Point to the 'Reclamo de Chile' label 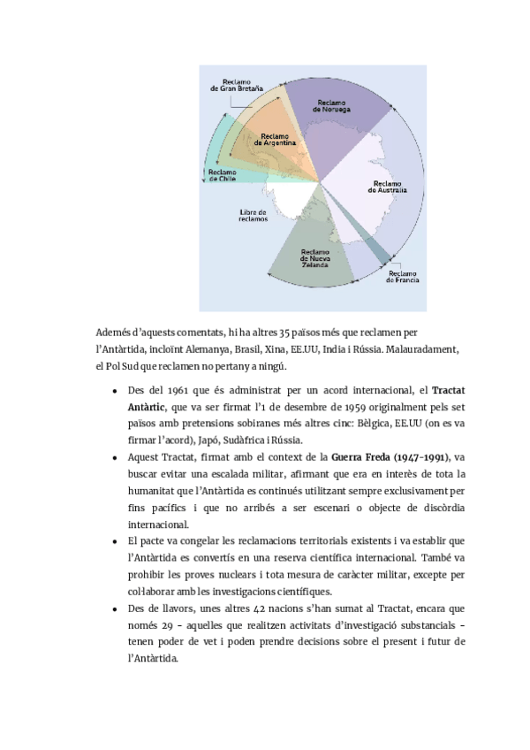222,173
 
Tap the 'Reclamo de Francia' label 402,278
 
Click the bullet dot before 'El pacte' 116,539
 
